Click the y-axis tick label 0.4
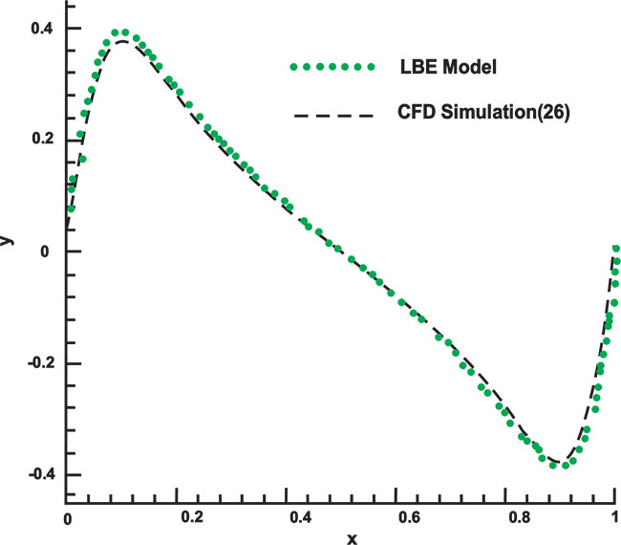pyautogui.click(x=40, y=29)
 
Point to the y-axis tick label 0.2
pyautogui.click(x=40, y=140)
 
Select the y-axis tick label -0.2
pyautogui.click(x=37, y=363)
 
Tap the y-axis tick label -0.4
pyautogui.click(x=37, y=475)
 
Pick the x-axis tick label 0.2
pyautogui.click(x=192, y=517)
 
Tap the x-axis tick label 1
pyautogui.click(x=613, y=517)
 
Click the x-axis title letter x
pyautogui.click(x=352, y=537)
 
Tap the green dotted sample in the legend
pyautogui.click(x=330, y=67)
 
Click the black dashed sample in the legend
pyautogui.click(x=330, y=113)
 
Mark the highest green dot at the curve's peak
pyautogui.click(x=115, y=33)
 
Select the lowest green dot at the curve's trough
pyautogui.click(x=566, y=466)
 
